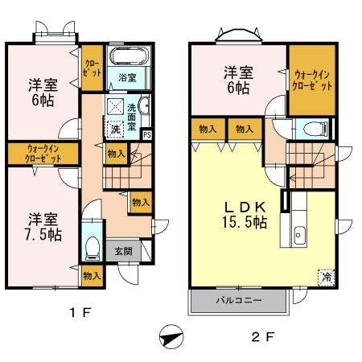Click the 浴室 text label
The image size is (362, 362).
[127, 78]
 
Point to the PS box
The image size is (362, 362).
[146, 134]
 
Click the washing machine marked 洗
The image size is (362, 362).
[115, 129]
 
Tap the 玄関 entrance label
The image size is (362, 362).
[123, 251]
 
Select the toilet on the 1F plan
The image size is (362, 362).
[92, 246]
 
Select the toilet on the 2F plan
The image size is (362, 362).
[314, 128]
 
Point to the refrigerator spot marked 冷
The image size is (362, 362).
[326, 275]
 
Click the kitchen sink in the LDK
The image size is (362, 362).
[299, 235]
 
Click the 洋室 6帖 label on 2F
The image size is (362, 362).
[239, 80]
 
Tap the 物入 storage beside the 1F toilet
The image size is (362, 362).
[92, 275]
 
